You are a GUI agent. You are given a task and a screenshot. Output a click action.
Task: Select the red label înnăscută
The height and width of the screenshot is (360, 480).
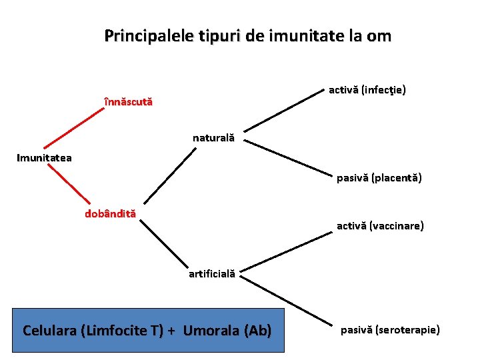click(x=129, y=102)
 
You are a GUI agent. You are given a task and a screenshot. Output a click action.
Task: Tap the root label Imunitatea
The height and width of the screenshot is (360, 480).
click(x=45, y=158)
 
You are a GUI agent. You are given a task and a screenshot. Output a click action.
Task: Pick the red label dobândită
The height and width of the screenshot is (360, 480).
click(x=110, y=214)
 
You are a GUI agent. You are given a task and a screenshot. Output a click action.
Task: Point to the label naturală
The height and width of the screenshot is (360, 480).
click(x=213, y=138)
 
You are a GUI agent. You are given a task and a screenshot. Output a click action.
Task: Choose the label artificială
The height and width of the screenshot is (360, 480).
click(x=211, y=273)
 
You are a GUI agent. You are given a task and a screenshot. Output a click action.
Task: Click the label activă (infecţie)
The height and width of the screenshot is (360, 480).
click(x=368, y=89)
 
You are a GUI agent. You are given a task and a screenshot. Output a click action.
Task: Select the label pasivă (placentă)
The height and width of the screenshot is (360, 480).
click(x=379, y=178)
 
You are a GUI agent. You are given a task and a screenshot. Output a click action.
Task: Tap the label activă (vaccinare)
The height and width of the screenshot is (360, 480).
click(x=380, y=226)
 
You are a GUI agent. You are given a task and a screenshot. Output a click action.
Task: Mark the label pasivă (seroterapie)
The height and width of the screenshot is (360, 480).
click(x=390, y=329)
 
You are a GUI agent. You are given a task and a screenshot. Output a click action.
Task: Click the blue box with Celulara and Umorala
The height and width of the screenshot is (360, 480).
click(x=147, y=330)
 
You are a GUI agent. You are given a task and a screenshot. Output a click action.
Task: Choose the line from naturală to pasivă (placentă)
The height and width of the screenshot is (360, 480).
click(x=287, y=158)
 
